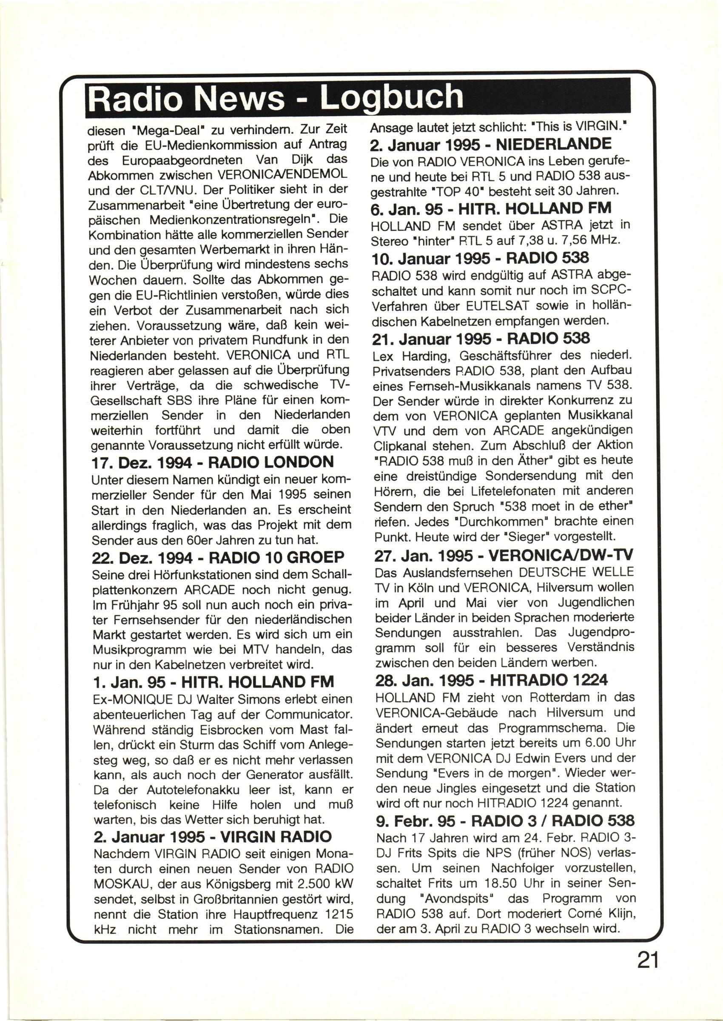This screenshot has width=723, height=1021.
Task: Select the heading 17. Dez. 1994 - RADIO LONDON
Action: [x=212, y=462]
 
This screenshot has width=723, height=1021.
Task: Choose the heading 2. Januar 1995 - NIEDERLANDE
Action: [x=491, y=144]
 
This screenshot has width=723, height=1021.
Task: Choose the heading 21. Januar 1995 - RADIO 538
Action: [x=481, y=339]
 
